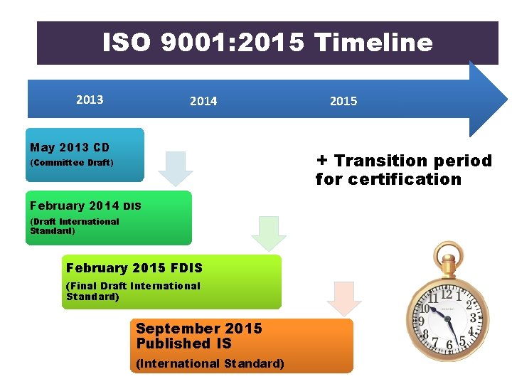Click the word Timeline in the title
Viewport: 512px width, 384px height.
click(x=373, y=43)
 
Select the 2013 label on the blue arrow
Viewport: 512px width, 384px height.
click(x=90, y=100)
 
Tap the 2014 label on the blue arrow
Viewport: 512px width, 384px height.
click(x=203, y=102)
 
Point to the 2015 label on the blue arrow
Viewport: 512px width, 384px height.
click(x=343, y=102)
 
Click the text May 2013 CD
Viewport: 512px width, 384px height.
click(x=70, y=148)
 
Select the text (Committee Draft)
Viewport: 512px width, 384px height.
click(x=71, y=163)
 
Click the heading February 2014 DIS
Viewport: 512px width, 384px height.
click(x=85, y=206)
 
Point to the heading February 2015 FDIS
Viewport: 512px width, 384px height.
click(x=134, y=268)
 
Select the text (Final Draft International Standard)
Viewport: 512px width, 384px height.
click(x=133, y=291)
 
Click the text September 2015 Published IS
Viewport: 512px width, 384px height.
click(x=198, y=336)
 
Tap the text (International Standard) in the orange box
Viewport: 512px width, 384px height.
click(x=210, y=363)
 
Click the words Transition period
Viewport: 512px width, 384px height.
click(x=412, y=161)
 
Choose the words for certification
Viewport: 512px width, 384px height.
click(x=388, y=179)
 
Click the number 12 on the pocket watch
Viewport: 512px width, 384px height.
click(x=446, y=294)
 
